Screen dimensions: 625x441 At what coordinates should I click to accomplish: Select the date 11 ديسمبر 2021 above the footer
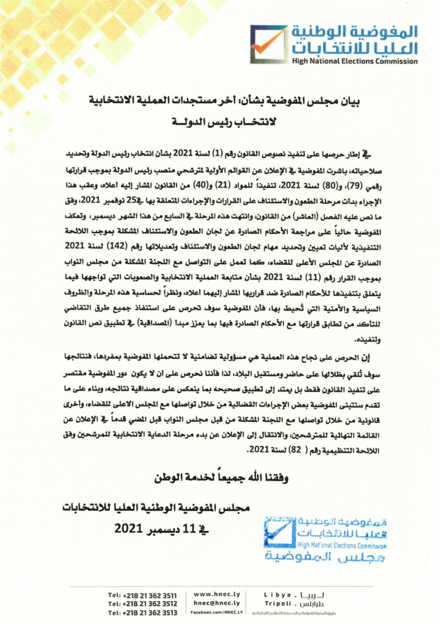[149, 528]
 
